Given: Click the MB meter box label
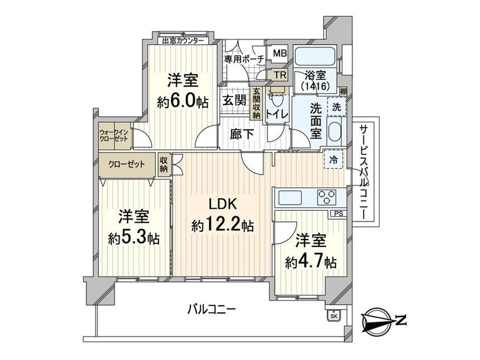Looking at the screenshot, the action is pyautogui.click(x=280, y=54).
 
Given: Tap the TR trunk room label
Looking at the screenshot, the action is pyautogui.click(x=280, y=75).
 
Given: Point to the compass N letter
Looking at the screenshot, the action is pyautogui.click(x=400, y=320).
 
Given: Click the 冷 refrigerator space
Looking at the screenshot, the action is pyautogui.click(x=333, y=160).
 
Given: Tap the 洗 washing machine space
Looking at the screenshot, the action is pyautogui.click(x=337, y=107).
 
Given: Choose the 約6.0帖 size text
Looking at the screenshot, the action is pyautogui.click(x=183, y=102).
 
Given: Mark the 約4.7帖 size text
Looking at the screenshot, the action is pyautogui.click(x=311, y=262).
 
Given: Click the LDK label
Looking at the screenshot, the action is pyautogui.click(x=223, y=204).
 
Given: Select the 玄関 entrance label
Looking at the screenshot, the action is pyautogui.click(x=234, y=100).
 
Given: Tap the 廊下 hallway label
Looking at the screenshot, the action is pyautogui.click(x=242, y=135).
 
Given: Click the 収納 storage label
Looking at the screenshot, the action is pyautogui.click(x=163, y=164).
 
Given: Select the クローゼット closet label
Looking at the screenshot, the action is pyautogui.click(x=127, y=164).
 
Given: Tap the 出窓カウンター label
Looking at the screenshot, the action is pyautogui.click(x=183, y=41).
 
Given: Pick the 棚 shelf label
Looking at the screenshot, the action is pyautogui.click(x=343, y=91).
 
